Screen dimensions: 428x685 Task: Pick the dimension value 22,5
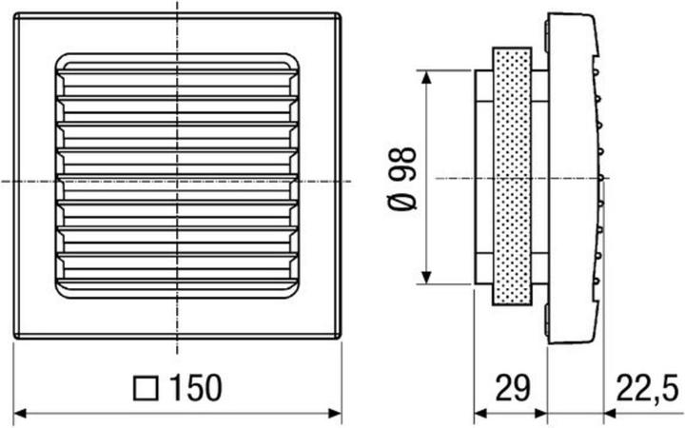(646, 389)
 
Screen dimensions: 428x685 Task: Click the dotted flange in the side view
(511, 177)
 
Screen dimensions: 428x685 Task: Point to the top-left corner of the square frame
(15, 14)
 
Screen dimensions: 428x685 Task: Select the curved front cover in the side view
(577, 177)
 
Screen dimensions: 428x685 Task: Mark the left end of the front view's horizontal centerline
(3, 180)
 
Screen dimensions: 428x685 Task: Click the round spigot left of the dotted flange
(483, 177)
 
